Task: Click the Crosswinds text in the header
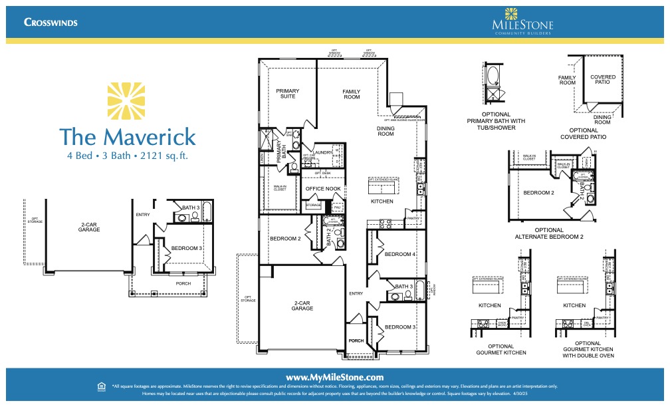51,22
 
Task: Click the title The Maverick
127,136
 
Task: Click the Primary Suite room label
288,94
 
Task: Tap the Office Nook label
323,190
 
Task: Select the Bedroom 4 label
399,254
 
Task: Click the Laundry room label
324,152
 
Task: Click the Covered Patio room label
602,80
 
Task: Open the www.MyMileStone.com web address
335,377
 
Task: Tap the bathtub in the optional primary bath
493,76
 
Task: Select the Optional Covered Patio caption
588,133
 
